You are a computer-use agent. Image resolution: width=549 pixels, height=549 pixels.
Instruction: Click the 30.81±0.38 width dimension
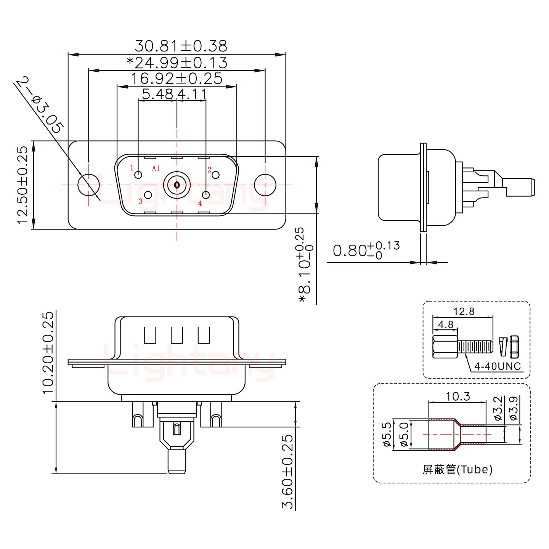(x=181, y=46)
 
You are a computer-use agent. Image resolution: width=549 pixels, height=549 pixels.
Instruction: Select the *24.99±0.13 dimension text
(x=177, y=63)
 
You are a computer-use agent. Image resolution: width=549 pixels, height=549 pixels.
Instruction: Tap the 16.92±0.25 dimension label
(x=177, y=79)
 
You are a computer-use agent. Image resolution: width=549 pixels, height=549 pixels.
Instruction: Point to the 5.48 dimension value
(x=157, y=94)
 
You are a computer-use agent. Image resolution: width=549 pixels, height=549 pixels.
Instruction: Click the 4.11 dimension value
(x=192, y=94)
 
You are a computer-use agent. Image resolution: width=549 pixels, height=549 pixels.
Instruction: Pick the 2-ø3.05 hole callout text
(x=40, y=104)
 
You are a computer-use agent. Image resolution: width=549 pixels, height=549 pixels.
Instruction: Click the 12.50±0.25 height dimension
(x=23, y=185)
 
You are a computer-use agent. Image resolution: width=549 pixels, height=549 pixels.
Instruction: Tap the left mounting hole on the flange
(x=88, y=185)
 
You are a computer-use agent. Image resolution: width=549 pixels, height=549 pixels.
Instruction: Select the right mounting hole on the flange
(x=265, y=185)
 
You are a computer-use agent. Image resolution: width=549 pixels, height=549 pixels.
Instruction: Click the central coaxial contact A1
(x=177, y=185)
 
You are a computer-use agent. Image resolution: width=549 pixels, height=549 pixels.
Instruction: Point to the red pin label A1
(x=156, y=169)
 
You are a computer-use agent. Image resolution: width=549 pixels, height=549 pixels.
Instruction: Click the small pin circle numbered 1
(x=139, y=175)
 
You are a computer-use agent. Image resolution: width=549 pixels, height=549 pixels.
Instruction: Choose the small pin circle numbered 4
(x=206, y=195)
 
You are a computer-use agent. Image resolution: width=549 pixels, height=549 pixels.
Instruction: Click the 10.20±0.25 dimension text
(x=48, y=353)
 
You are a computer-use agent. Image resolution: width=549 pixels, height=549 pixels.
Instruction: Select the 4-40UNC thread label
(x=497, y=367)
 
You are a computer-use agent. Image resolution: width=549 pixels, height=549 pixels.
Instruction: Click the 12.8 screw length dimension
(x=464, y=312)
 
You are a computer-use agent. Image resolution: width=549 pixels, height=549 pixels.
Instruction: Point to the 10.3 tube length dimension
(x=458, y=397)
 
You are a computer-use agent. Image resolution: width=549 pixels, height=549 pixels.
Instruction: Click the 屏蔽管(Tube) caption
(x=457, y=469)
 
